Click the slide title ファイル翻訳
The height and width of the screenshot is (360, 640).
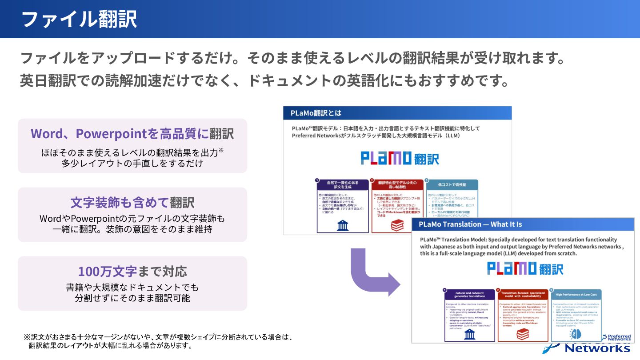(x=79, y=20)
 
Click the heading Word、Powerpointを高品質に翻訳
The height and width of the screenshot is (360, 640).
(x=132, y=133)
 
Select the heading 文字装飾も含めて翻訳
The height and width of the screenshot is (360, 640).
(x=132, y=203)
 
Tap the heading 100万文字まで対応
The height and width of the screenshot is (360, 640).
(x=132, y=271)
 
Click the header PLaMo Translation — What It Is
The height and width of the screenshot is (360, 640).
(x=470, y=224)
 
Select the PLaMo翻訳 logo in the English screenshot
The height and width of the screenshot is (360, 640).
(x=525, y=268)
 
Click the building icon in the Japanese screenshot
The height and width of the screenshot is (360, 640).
(x=343, y=226)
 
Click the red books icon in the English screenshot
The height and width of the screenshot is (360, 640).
(x=523, y=334)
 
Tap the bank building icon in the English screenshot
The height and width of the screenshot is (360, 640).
(x=469, y=334)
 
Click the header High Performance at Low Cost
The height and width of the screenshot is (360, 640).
(x=576, y=295)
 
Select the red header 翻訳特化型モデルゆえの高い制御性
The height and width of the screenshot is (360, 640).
(x=397, y=184)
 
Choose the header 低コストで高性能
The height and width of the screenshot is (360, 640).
(x=452, y=184)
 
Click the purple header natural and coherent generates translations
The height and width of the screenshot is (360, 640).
(x=469, y=295)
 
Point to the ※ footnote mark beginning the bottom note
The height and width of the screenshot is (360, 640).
(x=27, y=337)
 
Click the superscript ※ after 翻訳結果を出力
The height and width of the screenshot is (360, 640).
(x=221, y=150)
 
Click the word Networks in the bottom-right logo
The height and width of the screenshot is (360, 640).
(x=597, y=348)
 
